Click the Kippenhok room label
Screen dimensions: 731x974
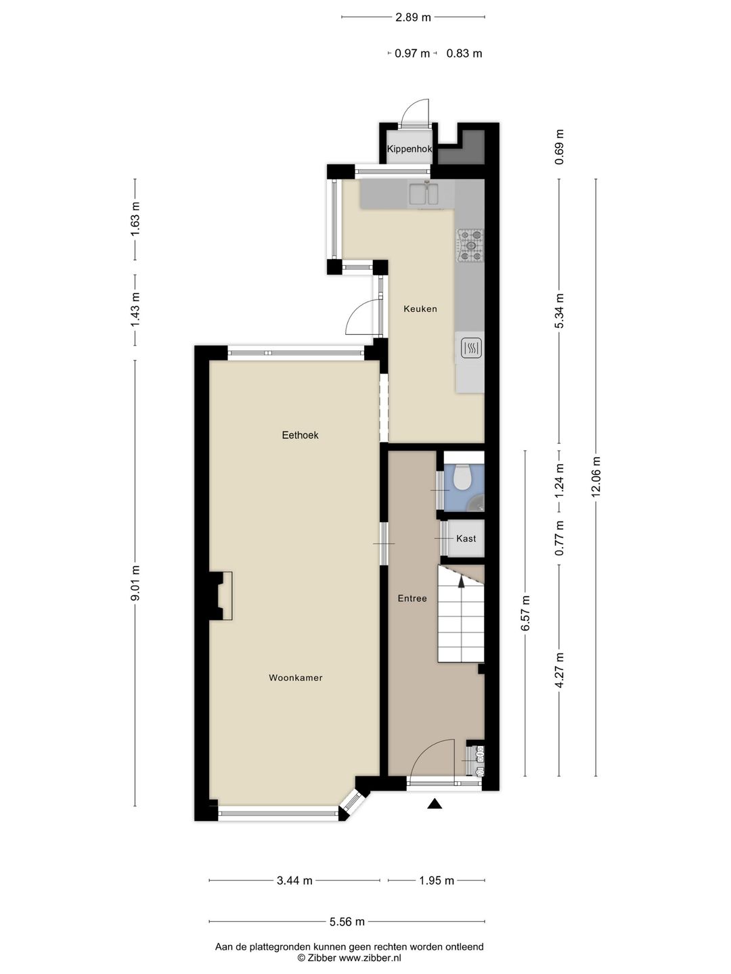[x=409, y=149]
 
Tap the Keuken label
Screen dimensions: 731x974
[x=420, y=309]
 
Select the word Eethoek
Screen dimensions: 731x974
[x=300, y=436]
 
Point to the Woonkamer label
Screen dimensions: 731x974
[x=296, y=678]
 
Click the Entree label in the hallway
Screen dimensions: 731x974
[x=412, y=599]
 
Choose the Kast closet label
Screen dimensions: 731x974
[x=466, y=538]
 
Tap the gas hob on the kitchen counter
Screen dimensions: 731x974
[x=470, y=245]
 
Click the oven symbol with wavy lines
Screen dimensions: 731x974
[x=471, y=348]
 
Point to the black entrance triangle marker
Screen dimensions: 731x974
[x=435, y=804]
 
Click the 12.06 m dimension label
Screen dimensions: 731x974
[x=596, y=477]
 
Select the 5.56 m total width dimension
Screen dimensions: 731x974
[x=347, y=922]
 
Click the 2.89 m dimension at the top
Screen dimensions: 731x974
[x=413, y=18]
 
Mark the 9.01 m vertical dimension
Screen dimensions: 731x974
[x=135, y=583]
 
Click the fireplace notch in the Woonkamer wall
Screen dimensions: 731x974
[x=221, y=596]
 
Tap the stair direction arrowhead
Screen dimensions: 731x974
[x=461, y=581]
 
